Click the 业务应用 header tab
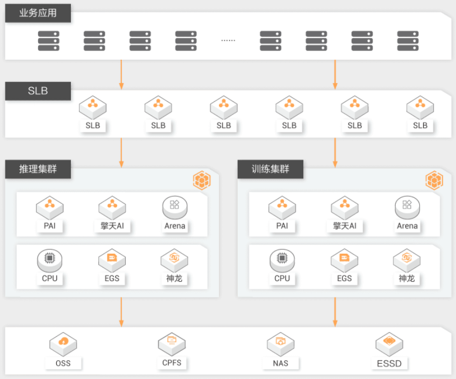tap(38, 13)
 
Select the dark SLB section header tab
tap(38, 91)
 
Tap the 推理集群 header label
tap(38, 169)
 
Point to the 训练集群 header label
tap(270, 169)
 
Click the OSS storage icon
tap(63, 344)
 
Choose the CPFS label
tap(172, 363)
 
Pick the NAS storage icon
tap(280, 344)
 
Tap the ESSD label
tap(389, 364)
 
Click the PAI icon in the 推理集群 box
tap(50, 208)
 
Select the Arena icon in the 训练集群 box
tap(407, 207)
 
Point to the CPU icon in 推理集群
tap(50, 261)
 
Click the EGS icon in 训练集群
tap(344, 261)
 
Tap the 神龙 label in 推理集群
tap(174, 279)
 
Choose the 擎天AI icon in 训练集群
tap(345, 208)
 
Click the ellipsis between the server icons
tap(228, 40)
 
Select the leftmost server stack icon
tap(49, 41)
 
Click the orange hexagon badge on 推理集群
tap(201, 180)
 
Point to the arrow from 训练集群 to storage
tap(335, 312)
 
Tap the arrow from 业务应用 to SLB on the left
tap(121, 75)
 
